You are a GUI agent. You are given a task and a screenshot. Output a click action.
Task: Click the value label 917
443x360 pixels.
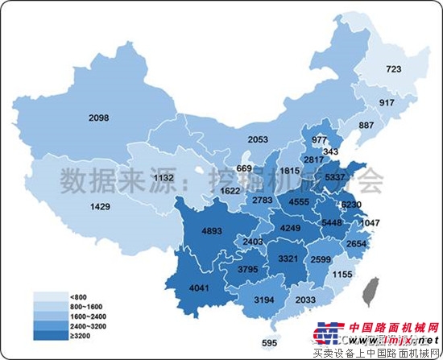tap(388, 104)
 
